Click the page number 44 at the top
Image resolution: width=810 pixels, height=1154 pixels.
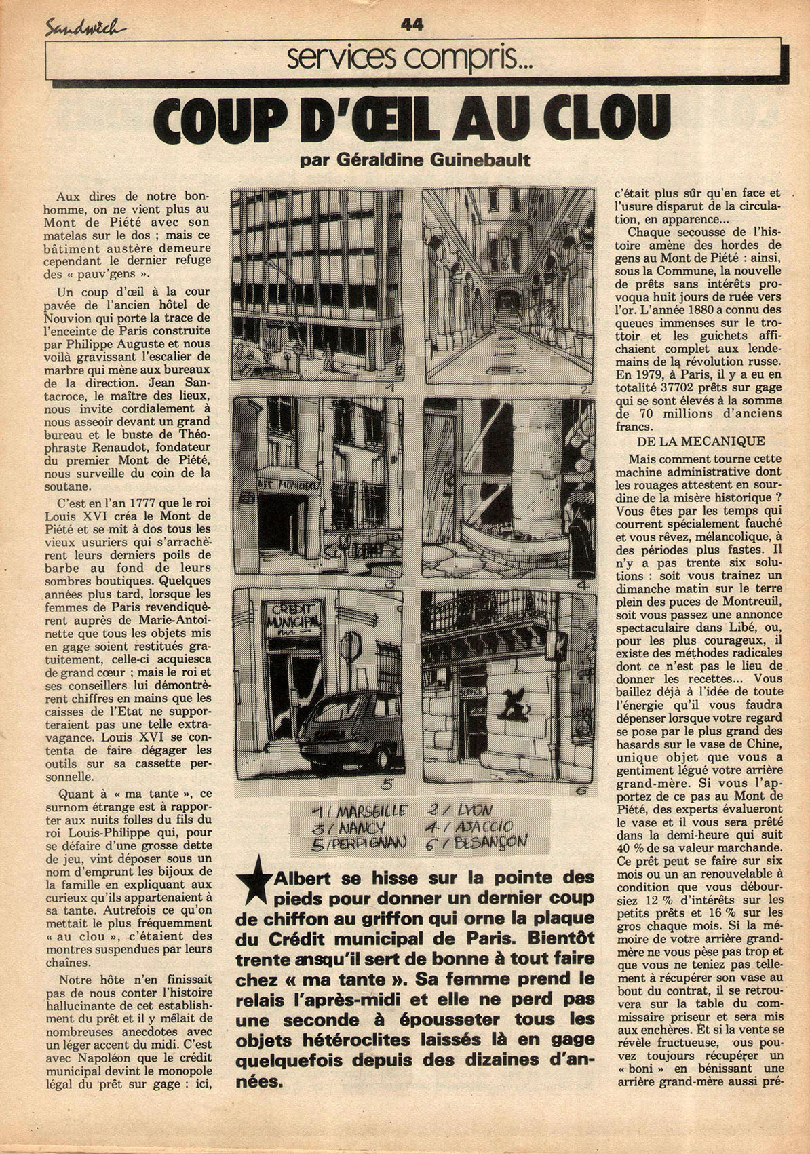(412, 24)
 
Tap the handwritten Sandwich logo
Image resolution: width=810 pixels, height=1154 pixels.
(85, 27)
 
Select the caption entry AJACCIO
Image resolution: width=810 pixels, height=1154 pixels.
(493, 828)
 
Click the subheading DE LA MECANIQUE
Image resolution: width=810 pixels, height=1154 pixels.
(699, 441)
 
